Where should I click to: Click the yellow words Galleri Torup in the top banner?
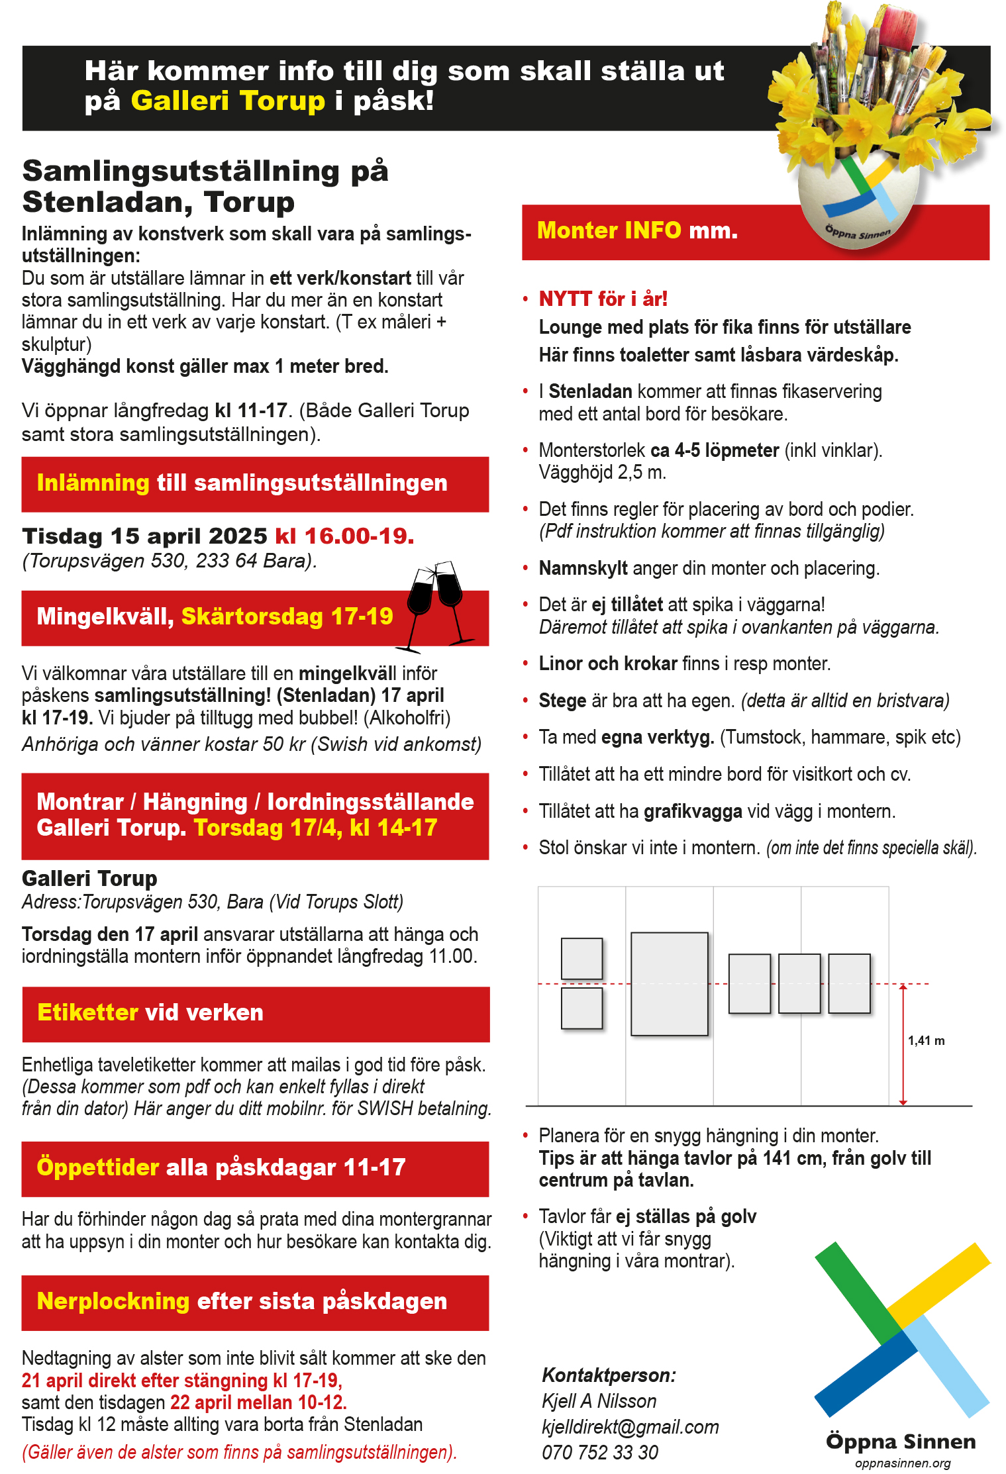click(227, 101)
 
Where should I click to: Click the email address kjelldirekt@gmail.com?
click(630, 1426)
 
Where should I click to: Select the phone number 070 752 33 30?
click(599, 1452)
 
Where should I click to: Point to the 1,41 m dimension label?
click(926, 1040)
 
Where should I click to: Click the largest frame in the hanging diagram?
click(669, 983)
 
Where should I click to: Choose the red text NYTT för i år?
click(603, 299)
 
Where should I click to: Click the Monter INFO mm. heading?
click(636, 230)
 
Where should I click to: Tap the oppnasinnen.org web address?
click(902, 1463)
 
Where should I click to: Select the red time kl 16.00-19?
click(344, 536)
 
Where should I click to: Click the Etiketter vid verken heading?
click(150, 1012)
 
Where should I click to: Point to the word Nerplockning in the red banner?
click(113, 1301)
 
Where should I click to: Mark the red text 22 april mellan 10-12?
click(258, 1402)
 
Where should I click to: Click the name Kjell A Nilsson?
click(599, 1400)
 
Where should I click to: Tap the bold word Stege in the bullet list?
click(562, 701)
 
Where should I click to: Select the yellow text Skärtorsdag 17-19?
click(287, 616)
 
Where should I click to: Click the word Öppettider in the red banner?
click(98, 1167)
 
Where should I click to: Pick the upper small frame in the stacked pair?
click(581, 958)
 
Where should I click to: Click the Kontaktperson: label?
click(609, 1375)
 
